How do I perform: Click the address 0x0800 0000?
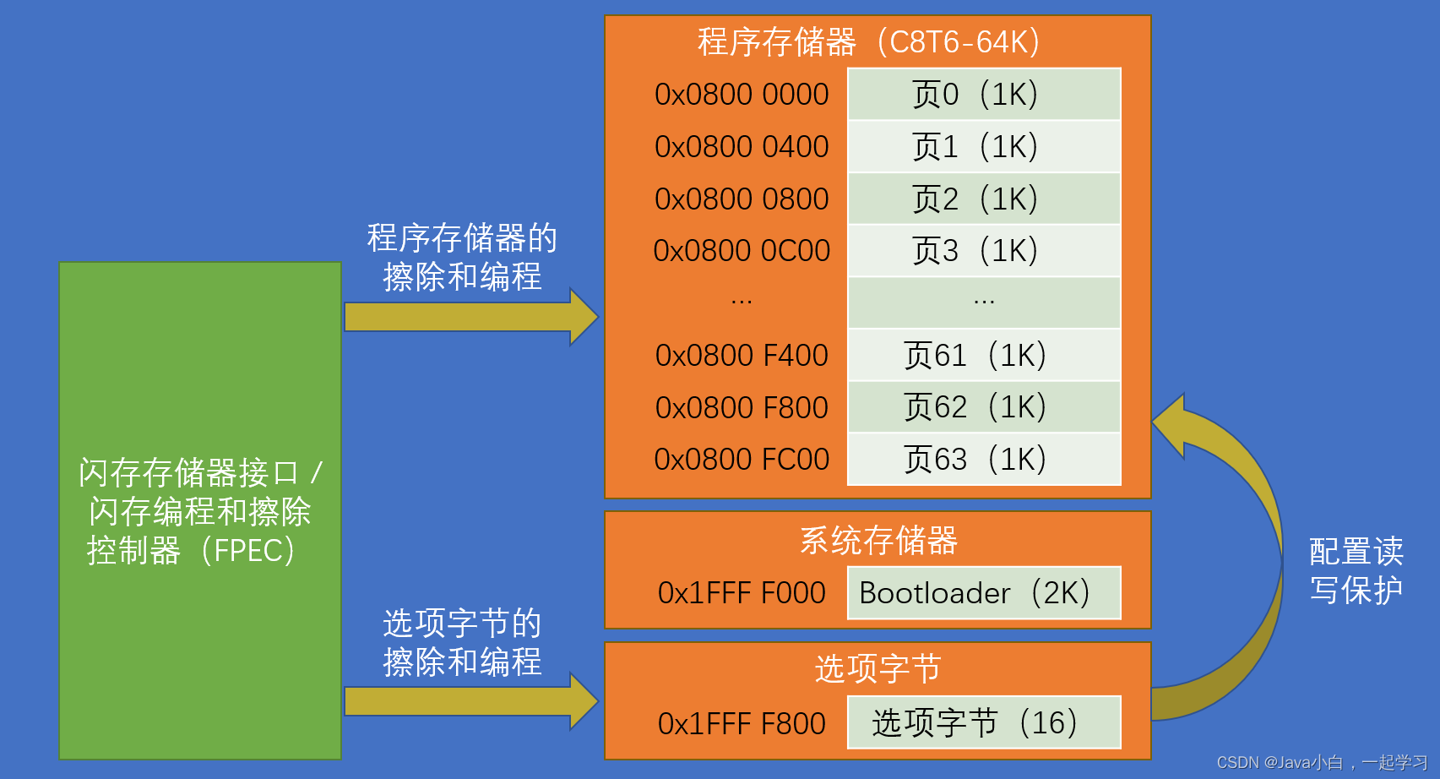pyautogui.click(x=742, y=95)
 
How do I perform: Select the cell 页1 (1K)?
pyautogui.click(x=984, y=147)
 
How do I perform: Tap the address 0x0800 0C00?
pyautogui.click(x=742, y=251)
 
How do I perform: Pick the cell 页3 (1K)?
pyautogui.click(x=984, y=251)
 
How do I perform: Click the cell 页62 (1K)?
pyautogui.click(x=984, y=407)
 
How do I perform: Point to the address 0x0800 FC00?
pyautogui.click(x=742, y=460)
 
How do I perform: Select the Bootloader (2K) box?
pyautogui.click(x=984, y=593)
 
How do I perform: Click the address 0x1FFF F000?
pyautogui.click(x=742, y=593)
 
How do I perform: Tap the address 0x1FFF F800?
pyautogui.click(x=742, y=724)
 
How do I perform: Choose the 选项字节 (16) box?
pyautogui.click(x=984, y=723)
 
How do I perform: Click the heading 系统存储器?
pyautogui.click(x=878, y=541)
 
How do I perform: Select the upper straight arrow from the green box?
pyautogui.click(x=470, y=317)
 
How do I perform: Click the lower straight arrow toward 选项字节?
pyautogui.click(x=470, y=701)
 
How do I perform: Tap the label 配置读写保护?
pyautogui.click(x=1356, y=570)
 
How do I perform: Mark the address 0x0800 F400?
pyautogui.click(x=742, y=356)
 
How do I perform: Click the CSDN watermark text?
pyautogui.click(x=1322, y=763)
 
